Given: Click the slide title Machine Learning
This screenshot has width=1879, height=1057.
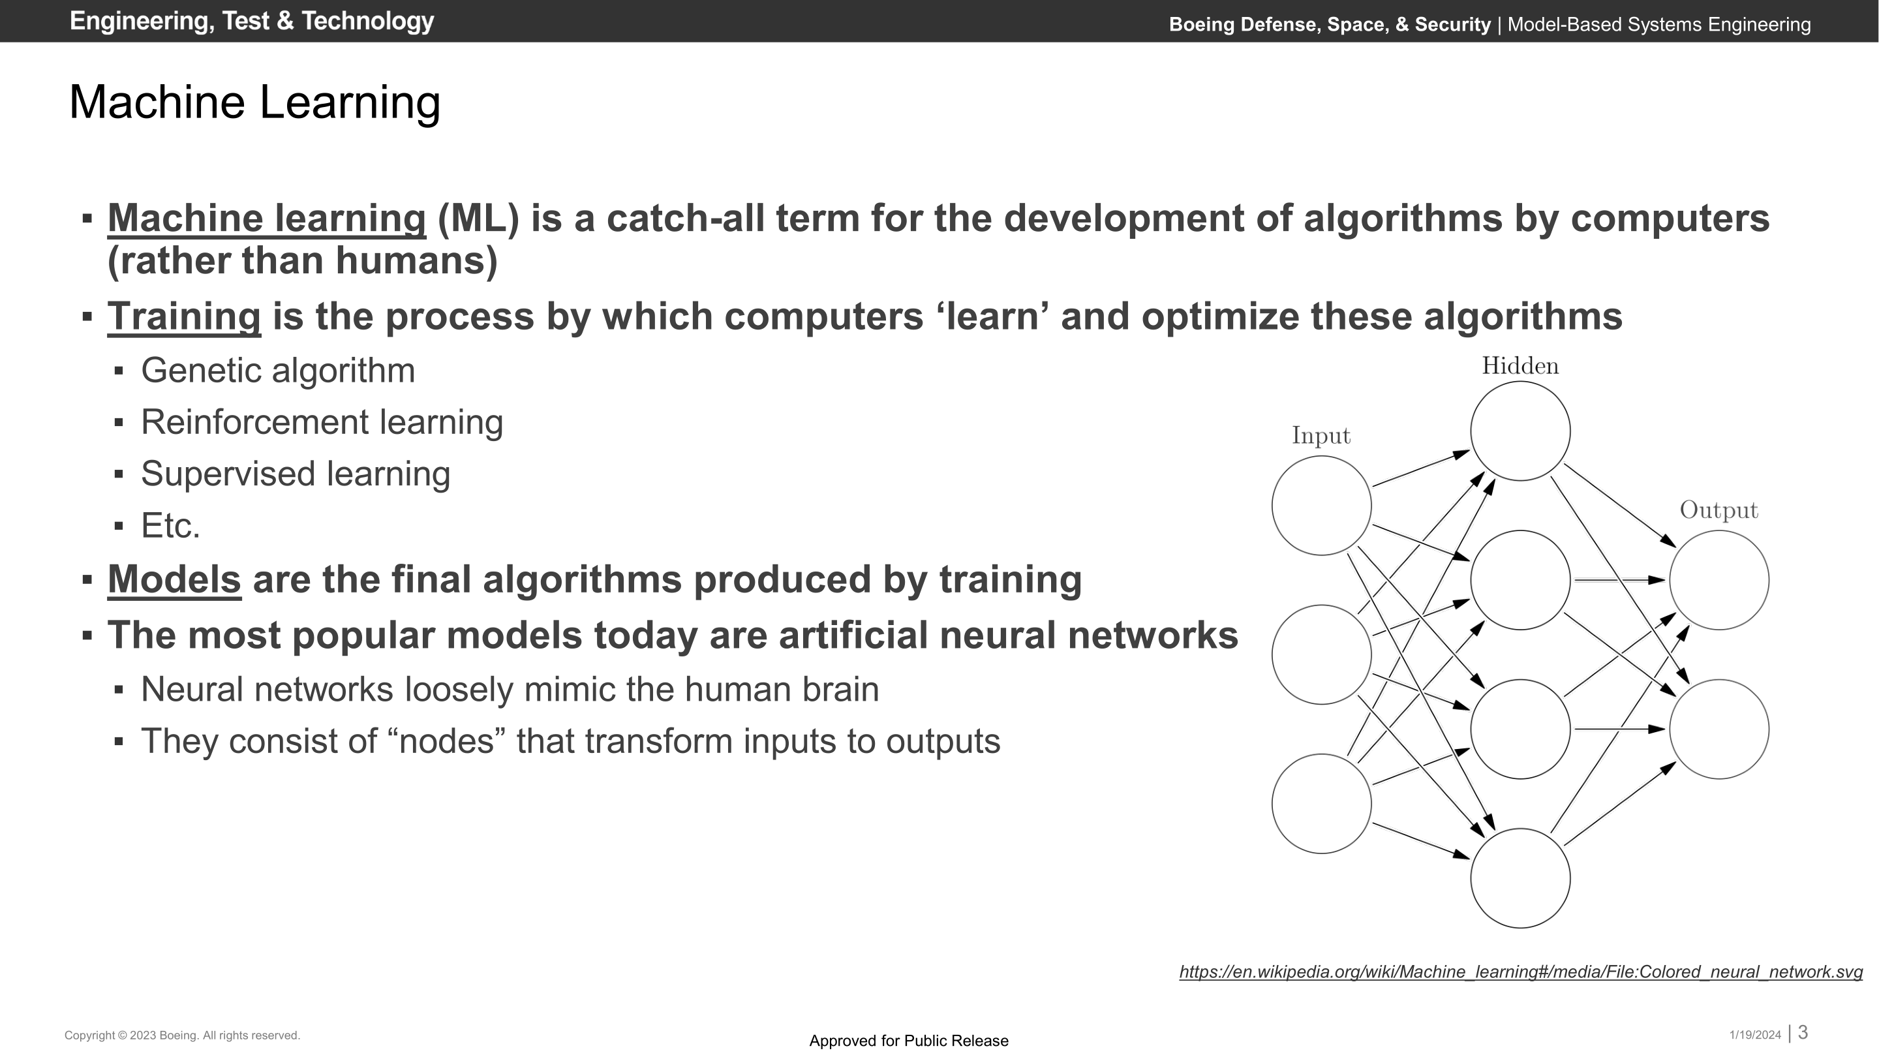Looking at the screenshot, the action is [254, 102].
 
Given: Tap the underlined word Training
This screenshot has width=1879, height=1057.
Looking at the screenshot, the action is [184, 317].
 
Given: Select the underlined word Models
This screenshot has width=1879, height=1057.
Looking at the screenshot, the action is [174, 579].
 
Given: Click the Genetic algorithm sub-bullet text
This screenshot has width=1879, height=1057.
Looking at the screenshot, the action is [278, 371].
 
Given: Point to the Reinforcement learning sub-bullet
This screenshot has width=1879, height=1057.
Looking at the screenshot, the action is [322, 422].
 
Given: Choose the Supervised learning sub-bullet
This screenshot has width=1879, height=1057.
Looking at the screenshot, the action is [296, 474].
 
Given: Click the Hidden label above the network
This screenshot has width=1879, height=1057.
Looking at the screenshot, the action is [1520, 365].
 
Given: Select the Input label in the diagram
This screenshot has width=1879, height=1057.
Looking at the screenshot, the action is [1321, 435].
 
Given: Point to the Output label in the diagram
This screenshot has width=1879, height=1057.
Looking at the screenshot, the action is [1719, 510].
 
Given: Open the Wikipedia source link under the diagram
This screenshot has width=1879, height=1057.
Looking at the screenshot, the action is [1521, 972].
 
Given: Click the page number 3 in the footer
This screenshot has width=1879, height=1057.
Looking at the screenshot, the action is [1803, 1033].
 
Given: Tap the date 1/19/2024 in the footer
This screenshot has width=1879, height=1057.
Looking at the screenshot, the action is [1755, 1035].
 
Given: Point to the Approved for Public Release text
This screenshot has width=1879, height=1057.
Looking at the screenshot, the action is [909, 1041].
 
